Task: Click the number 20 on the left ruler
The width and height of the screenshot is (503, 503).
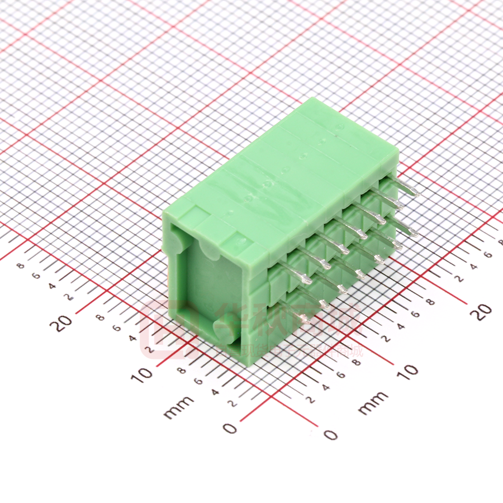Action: [64, 322]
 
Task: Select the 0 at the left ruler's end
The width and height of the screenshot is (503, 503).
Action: [230, 428]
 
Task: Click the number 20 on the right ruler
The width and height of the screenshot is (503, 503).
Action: [484, 311]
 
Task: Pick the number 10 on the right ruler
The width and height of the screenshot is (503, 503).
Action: [410, 370]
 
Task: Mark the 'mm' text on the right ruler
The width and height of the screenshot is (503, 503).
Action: [373, 402]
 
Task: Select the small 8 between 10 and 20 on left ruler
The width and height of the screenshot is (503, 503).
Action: [101, 317]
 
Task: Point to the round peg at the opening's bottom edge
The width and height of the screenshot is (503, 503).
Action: [223, 331]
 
